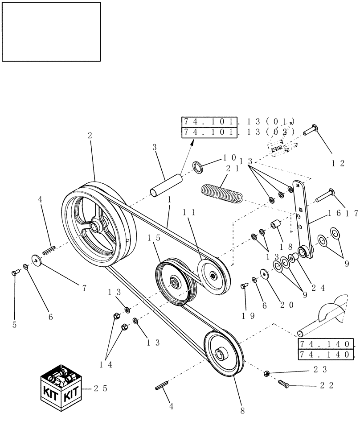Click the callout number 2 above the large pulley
point(90,136)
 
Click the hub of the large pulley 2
point(94,227)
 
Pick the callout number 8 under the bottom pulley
point(243,411)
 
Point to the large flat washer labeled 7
point(35,260)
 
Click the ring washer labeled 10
point(197,168)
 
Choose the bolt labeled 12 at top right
point(309,131)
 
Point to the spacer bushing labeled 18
point(274,223)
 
